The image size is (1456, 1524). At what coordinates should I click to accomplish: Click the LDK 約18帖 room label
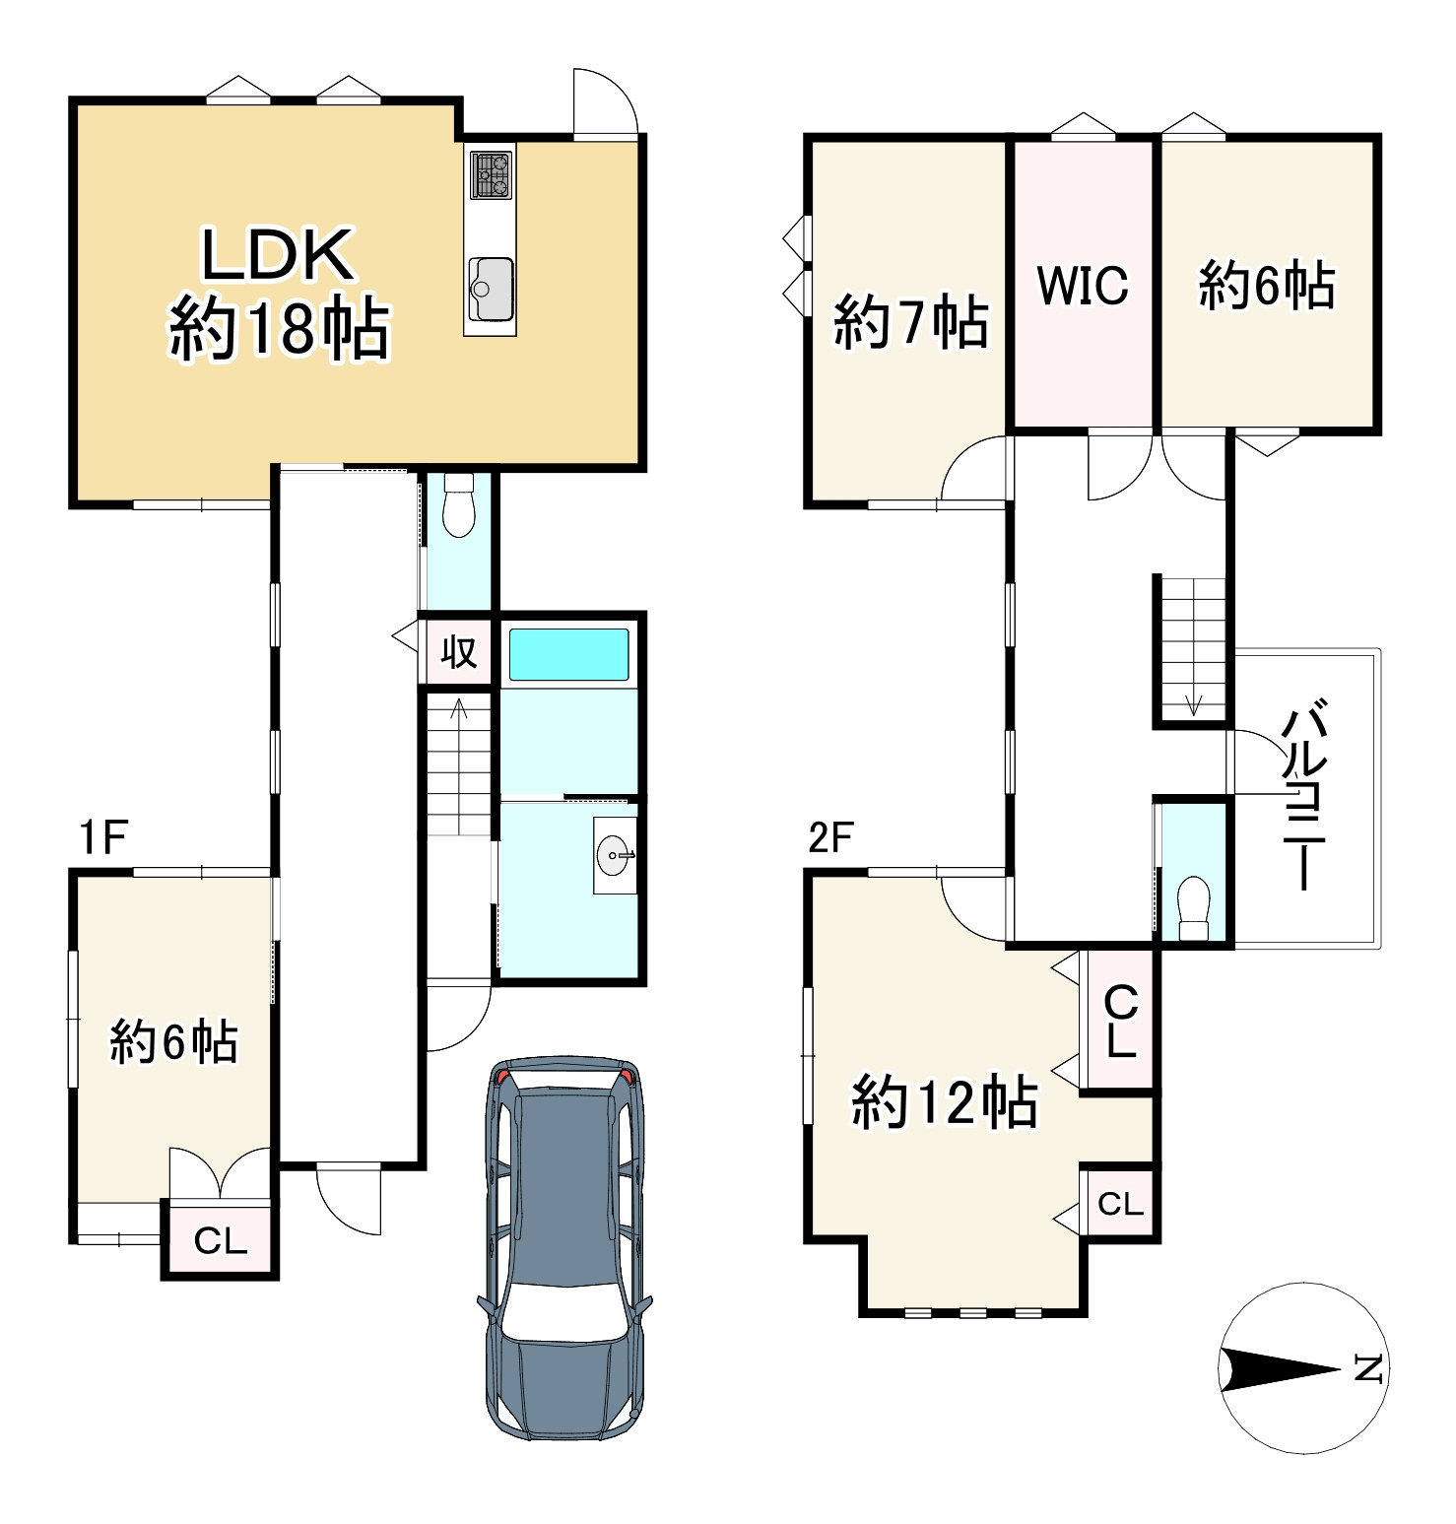[x=281, y=293]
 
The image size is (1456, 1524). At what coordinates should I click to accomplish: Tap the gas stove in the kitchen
[x=492, y=173]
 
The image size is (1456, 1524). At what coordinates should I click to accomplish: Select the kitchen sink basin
[x=492, y=289]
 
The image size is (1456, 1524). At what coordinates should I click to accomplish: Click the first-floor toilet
[x=458, y=505]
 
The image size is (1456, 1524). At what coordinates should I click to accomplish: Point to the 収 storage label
[x=458, y=651]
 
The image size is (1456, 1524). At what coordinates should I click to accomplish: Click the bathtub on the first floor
[x=568, y=654]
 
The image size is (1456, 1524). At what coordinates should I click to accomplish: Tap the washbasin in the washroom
[x=616, y=854]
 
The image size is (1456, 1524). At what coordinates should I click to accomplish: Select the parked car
[x=566, y=1247]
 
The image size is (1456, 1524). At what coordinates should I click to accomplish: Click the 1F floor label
[x=103, y=838]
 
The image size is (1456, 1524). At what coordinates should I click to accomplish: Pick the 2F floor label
[x=830, y=837]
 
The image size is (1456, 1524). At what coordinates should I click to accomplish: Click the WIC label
[x=1083, y=286]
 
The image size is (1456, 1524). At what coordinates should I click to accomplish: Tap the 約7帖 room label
[x=911, y=322]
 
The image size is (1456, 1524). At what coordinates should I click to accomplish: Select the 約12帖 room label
[x=945, y=1102]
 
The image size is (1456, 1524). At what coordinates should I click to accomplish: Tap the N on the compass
[x=1369, y=1369]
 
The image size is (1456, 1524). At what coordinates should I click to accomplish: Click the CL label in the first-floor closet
[x=221, y=1241]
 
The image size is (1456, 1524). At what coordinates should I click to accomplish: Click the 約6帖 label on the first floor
[x=174, y=1041]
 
